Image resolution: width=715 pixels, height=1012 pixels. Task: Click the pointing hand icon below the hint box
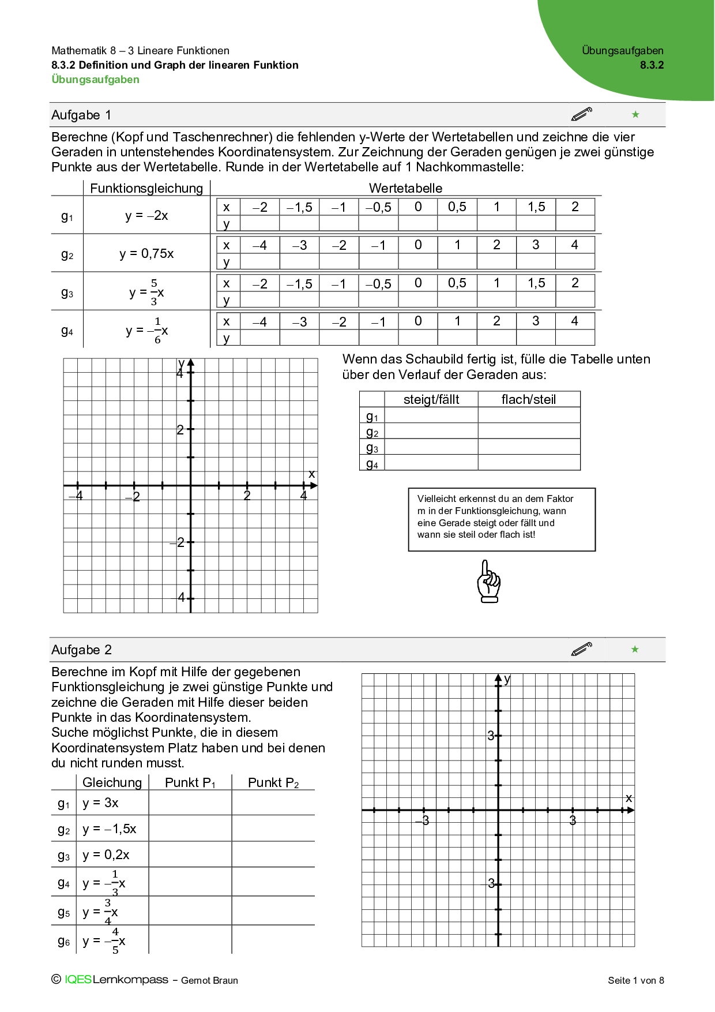point(489,582)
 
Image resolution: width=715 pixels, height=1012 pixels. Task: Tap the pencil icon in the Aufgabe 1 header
point(581,114)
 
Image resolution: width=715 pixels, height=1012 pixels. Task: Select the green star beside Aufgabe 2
point(635,649)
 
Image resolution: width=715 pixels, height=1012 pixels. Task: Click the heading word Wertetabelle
point(405,188)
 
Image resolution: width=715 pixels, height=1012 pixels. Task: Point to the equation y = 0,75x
point(146,253)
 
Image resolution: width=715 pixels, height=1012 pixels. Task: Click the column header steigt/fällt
point(431,399)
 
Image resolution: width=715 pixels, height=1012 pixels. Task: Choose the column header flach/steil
point(528,399)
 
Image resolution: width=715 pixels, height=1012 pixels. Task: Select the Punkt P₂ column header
point(273,782)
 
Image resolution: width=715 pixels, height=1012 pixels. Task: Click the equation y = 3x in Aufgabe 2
point(100,803)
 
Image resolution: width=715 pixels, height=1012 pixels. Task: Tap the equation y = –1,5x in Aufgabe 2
point(109,829)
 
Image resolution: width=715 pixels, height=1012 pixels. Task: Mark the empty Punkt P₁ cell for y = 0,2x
point(190,854)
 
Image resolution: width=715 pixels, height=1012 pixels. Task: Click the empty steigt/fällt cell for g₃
point(431,447)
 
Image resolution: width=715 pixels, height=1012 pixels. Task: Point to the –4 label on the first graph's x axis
point(77,496)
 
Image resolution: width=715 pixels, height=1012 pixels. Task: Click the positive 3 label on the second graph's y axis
point(491,736)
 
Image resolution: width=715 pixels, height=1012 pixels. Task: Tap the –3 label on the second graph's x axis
point(423,820)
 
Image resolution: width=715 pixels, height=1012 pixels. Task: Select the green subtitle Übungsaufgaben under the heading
point(95,80)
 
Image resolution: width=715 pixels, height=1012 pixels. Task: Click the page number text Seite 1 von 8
point(635,980)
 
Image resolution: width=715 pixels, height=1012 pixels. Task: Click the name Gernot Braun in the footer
point(209,980)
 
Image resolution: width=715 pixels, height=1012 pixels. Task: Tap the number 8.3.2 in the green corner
point(652,65)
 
